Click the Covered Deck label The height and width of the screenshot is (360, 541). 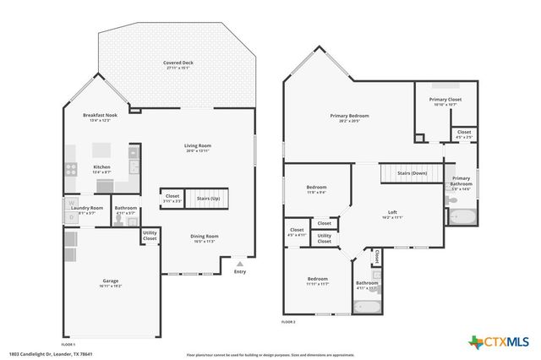(178, 63)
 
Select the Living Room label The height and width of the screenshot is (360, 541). (198, 146)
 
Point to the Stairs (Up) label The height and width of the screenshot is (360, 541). (208, 198)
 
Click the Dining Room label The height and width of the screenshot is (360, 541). (205, 237)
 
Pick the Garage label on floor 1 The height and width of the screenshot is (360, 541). (110, 281)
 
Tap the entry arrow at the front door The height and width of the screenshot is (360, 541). (240, 262)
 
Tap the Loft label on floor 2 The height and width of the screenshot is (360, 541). (392, 212)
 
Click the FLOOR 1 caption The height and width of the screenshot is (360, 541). (68, 344)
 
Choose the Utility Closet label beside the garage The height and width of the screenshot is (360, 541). (150, 236)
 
